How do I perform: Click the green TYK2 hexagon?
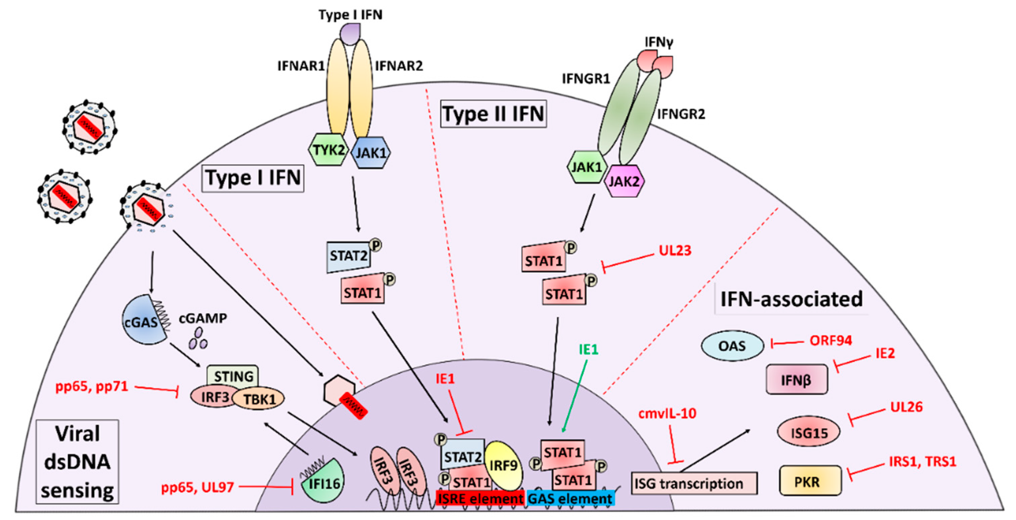[328, 150]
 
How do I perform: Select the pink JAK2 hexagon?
[624, 181]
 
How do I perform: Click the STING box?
[233, 376]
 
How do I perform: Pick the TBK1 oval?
[259, 399]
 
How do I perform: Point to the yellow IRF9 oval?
[503, 466]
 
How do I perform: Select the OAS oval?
[732, 346]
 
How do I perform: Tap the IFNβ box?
[796, 380]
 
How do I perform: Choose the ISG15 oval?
[809, 432]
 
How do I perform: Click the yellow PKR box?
[810, 481]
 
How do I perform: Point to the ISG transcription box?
[694, 483]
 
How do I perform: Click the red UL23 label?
[675, 250]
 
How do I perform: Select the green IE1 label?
[589, 349]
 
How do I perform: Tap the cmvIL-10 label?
[667, 413]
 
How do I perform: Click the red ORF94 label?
[831, 340]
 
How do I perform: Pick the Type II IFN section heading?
[493, 114]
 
